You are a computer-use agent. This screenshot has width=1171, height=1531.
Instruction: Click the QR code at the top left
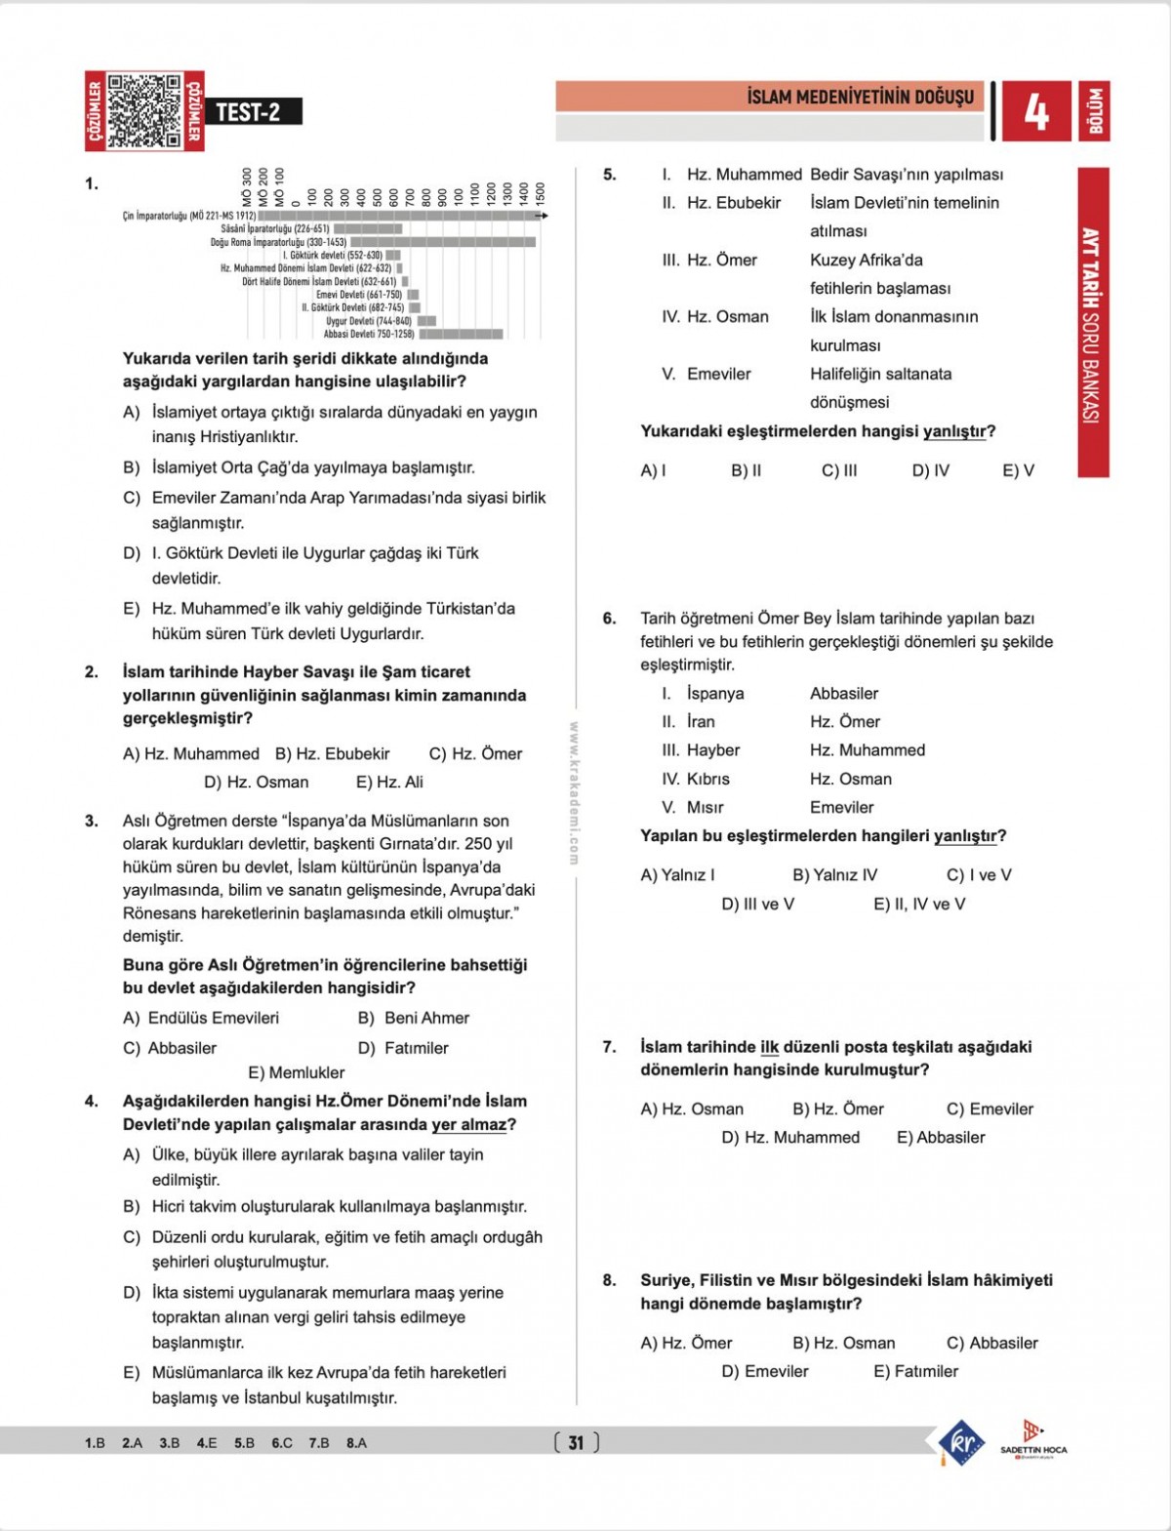pyautogui.click(x=144, y=111)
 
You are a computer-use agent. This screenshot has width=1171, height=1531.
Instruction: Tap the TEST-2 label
pyautogui.click(x=248, y=112)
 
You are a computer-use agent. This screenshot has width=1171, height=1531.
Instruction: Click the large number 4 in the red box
pyautogui.click(x=1035, y=112)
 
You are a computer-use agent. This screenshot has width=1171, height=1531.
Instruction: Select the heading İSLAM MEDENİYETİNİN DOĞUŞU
pyautogui.click(x=860, y=97)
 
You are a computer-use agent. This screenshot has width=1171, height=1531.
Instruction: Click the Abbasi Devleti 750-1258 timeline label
pyautogui.click(x=369, y=334)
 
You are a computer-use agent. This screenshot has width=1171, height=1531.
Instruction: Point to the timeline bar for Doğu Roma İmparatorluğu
pyautogui.click(x=443, y=242)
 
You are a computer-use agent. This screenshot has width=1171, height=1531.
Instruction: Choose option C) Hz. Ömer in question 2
pyautogui.click(x=475, y=753)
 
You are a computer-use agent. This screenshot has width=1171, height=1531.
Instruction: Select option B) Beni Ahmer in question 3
pyautogui.click(x=414, y=1018)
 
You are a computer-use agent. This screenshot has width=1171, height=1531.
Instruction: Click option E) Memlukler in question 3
pyautogui.click(x=297, y=1072)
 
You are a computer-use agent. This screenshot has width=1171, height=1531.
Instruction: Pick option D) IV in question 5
pyautogui.click(x=930, y=470)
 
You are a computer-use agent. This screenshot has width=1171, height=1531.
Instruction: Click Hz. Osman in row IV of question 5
pyautogui.click(x=727, y=317)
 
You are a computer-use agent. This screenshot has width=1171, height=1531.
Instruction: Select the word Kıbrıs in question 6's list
pyautogui.click(x=707, y=779)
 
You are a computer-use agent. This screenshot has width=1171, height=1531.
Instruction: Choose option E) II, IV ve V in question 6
pyautogui.click(x=918, y=904)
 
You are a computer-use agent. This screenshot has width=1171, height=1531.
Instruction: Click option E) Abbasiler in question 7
pyautogui.click(x=941, y=1137)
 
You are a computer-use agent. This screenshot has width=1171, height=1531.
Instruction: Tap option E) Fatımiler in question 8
pyautogui.click(x=915, y=1371)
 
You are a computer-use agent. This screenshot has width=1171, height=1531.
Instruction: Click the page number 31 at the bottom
pyautogui.click(x=576, y=1442)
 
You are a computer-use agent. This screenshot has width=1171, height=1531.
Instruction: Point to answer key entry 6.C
pyautogui.click(x=282, y=1442)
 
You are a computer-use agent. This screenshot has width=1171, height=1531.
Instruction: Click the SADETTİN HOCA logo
pyautogui.click(x=1033, y=1438)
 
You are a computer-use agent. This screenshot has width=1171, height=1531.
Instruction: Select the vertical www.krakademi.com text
pyautogui.click(x=574, y=792)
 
